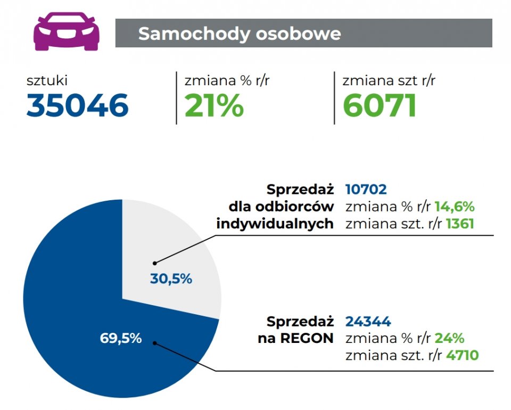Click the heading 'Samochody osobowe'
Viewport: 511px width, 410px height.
coord(239,34)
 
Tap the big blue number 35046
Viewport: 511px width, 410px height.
coord(78,105)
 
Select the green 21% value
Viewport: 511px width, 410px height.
coord(214,105)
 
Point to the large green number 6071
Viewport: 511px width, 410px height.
coord(379,105)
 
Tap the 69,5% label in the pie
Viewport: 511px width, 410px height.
coord(121,338)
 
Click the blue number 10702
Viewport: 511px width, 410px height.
coord(366,190)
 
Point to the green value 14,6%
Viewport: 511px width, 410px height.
coord(454,207)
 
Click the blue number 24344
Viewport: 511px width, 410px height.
coord(368,322)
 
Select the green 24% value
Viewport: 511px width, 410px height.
coord(449,338)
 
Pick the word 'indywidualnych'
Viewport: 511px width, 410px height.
coord(275,224)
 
